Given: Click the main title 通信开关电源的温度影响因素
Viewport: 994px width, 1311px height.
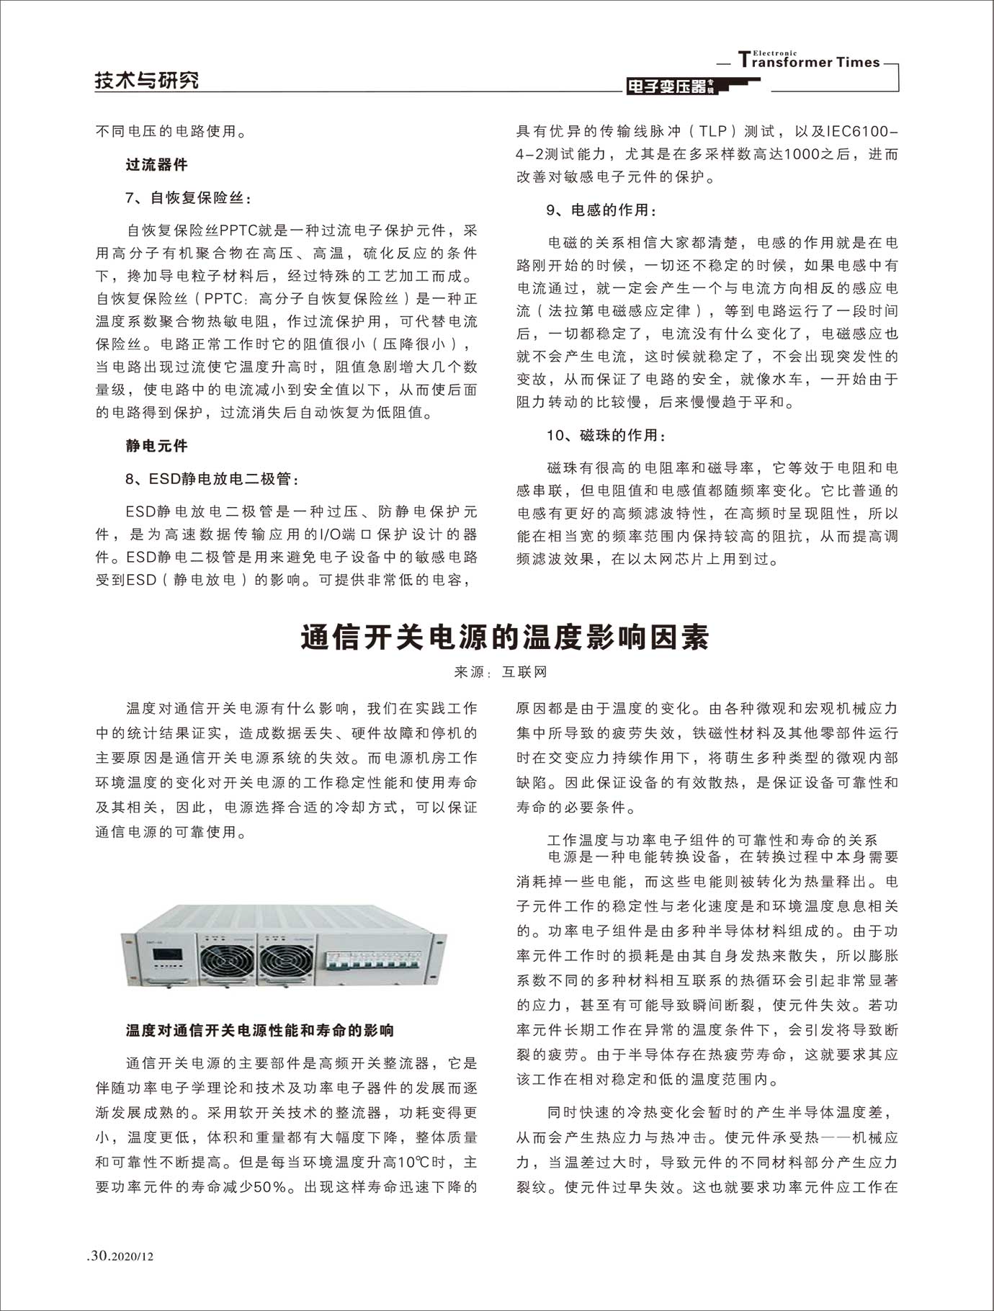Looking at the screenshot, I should tap(504, 637).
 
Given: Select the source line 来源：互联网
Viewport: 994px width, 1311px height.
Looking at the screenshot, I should tap(501, 672).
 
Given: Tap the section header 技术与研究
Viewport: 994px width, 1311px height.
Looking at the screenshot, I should tap(147, 81).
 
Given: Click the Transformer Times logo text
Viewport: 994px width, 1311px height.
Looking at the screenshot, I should tap(810, 61).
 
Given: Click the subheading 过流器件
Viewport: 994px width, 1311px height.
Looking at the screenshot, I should tap(156, 165).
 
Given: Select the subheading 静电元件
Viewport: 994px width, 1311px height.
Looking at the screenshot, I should tap(156, 446).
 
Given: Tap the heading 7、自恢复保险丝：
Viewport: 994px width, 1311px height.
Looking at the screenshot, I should tap(189, 198).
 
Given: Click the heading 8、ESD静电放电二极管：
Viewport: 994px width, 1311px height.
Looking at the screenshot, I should tap(212, 479).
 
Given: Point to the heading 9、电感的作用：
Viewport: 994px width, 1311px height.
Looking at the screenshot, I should tap(601, 210).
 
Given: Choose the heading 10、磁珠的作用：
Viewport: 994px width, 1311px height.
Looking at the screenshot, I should tap(606, 435).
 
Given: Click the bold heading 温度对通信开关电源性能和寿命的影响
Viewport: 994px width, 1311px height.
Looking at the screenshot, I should tap(260, 1030).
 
